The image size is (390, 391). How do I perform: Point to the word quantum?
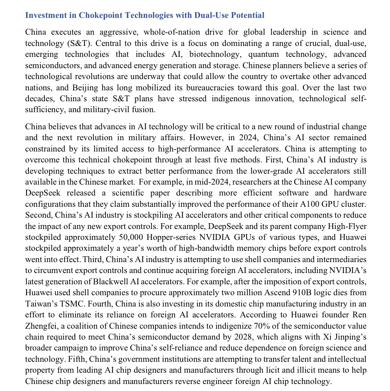coord(262,54)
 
